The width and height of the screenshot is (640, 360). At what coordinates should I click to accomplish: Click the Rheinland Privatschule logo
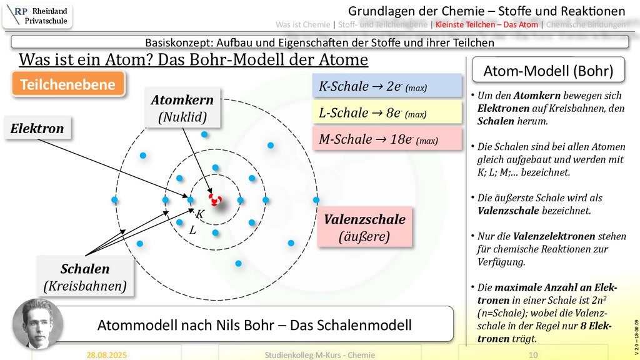coord(37,16)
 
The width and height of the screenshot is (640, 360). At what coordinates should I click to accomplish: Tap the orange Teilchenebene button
coord(67,85)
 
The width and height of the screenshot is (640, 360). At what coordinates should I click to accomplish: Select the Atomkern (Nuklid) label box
coord(182,107)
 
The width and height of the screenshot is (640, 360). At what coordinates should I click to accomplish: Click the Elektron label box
coord(37,129)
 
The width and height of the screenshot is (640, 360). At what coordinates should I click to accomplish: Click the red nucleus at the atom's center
coord(216,200)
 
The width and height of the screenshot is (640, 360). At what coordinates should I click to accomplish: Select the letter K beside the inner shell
coord(200,214)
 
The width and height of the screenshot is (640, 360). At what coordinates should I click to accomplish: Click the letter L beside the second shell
coord(192,229)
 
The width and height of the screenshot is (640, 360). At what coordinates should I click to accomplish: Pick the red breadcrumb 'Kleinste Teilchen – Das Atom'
coord(488,25)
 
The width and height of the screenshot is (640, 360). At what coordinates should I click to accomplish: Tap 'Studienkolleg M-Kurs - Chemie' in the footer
coord(320,354)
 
